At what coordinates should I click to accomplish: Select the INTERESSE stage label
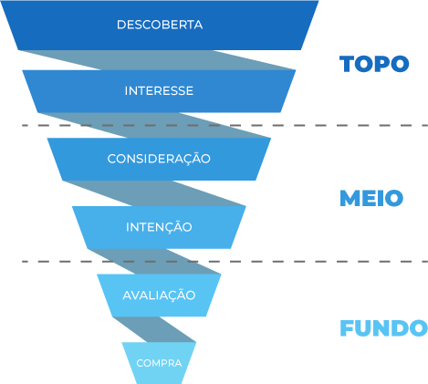159,91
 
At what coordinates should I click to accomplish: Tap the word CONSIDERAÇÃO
159,159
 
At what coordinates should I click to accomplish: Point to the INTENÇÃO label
159,226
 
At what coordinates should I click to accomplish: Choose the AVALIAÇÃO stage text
159,295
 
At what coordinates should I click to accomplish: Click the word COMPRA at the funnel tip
159,363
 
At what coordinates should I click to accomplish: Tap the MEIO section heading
371,199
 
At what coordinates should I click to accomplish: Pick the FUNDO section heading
382,328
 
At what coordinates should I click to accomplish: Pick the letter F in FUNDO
346,328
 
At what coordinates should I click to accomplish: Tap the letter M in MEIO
348,199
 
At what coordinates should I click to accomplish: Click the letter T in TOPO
347,64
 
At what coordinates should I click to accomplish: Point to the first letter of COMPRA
140,363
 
